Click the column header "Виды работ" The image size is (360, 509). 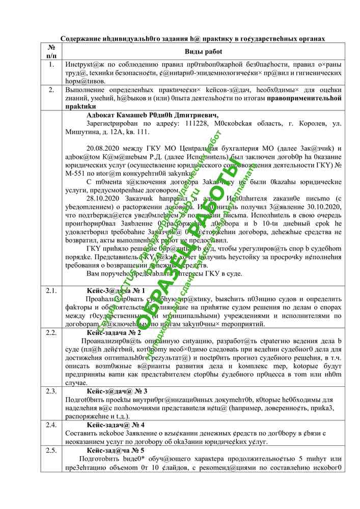point(203,52)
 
